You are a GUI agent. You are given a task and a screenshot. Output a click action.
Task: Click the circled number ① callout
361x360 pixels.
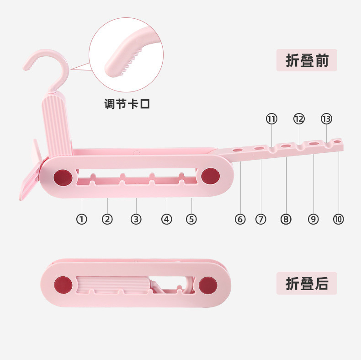[81, 219]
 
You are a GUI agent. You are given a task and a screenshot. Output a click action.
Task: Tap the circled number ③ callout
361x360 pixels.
[136, 219]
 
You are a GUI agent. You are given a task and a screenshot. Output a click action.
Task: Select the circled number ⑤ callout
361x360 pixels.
[191, 219]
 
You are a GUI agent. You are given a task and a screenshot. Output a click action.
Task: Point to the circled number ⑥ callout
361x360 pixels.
[240, 219]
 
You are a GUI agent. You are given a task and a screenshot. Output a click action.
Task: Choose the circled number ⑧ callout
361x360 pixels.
[286, 219]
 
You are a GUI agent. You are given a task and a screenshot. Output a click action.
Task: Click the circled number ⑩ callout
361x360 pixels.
[339, 219]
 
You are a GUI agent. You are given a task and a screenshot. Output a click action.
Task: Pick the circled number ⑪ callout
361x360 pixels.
[271, 119]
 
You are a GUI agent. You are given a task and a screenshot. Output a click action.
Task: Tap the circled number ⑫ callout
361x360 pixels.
[299, 119]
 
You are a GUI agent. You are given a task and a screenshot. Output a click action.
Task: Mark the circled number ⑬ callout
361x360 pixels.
[326, 119]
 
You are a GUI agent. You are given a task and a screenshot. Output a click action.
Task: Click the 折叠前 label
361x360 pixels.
[307, 60]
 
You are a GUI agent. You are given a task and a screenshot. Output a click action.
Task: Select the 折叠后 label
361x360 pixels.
[307, 283]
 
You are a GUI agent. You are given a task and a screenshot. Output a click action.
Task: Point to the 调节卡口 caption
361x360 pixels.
[127, 104]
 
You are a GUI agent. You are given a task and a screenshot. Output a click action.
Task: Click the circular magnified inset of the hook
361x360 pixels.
[126, 55]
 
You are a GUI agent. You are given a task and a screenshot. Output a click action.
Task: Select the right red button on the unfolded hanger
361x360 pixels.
[210, 176]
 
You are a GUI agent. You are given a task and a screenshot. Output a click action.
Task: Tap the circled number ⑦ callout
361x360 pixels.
[260, 219]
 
